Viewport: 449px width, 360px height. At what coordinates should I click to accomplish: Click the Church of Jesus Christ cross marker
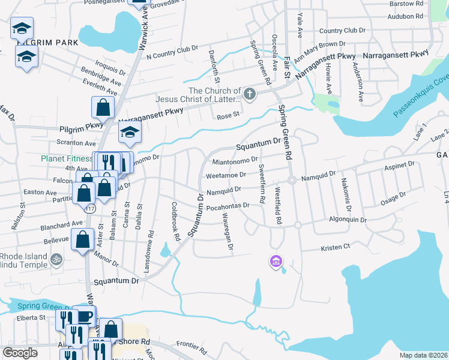pyautogui.click(x=249, y=94)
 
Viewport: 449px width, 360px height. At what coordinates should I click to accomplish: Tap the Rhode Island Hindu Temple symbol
pyautogui.click(x=56, y=259)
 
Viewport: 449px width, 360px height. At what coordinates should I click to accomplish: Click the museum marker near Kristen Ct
pyautogui.click(x=276, y=261)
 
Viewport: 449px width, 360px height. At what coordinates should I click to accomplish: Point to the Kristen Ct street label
pyautogui.click(x=336, y=247)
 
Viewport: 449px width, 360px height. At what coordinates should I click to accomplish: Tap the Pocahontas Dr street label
pyautogui.click(x=227, y=206)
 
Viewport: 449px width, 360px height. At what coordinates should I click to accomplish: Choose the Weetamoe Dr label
pyautogui.click(x=226, y=175)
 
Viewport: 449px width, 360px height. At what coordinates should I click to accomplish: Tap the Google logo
pyautogui.click(x=19, y=352)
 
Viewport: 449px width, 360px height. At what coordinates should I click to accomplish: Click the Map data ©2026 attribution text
pyautogui.click(x=423, y=355)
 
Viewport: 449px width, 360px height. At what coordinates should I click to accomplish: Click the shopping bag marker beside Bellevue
pyautogui.click(x=82, y=240)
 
